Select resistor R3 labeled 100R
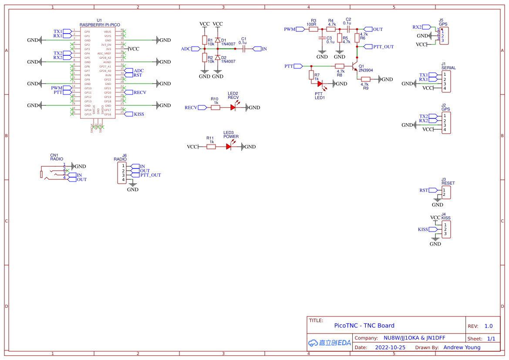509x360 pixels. tap(313, 30)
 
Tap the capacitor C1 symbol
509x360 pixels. tap(243, 49)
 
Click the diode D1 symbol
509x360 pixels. tap(217, 40)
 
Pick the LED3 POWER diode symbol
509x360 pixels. tap(229, 147)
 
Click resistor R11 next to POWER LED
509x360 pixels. tap(211, 147)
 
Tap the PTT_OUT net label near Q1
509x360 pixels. tap(383, 47)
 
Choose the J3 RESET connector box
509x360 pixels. tap(446, 192)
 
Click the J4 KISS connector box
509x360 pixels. tap(446, 229)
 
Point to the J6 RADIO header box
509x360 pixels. tap(123, 173)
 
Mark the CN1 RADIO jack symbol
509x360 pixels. tap(52, 173)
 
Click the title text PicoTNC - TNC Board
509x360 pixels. tap(364, 326)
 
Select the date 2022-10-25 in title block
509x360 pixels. tap(390, 348)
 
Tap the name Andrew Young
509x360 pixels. tap(462, 347)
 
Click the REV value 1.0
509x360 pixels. tap(489, 326)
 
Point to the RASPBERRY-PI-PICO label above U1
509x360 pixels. tap(100, 25)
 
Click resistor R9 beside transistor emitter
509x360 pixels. tap(366, 79)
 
